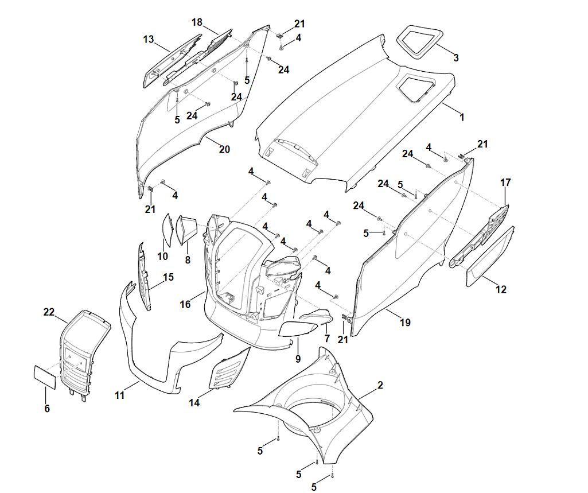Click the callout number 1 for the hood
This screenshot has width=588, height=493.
pyautogui.click(x=462, y=117)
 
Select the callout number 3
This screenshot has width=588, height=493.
pyautogui.click(x=455, y=57)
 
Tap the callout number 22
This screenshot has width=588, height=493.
pyautogui.click(x=49, y=312)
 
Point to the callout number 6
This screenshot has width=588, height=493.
pyautogui.click(x=47, y=408)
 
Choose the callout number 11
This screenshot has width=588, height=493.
pyautogui.click(x=119, y=395)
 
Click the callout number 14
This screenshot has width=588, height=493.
pyautogui.click(x=194, y=403)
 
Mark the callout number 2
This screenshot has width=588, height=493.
pyautogui.click(x=380, y=386)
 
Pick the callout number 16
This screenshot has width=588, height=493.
pyautogui.click(x=185, y=304)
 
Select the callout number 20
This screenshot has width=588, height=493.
pyautogui.click(x=224, y=149)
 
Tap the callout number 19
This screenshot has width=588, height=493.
pyautogui.click(x=405, y=323)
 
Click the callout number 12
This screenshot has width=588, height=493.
pyautogui.click(x=501, y=290)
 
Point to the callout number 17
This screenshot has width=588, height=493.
pyautogui.click(x=505, y=183)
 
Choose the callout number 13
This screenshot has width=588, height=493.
pyautogui.click(x=149, y=39)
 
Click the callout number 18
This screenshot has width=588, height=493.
pyautogui.click(x=197, y=22)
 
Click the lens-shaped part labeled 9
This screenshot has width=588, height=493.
pyautogui.click(x=298, y=328)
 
